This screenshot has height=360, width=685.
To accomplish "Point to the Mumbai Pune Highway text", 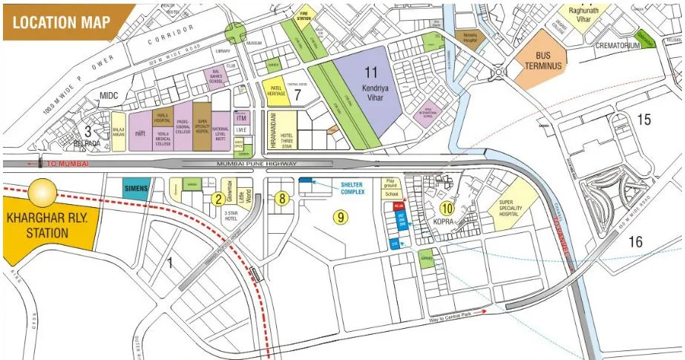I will click(256, 163).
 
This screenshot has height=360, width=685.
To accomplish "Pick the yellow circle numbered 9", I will click(341, 217).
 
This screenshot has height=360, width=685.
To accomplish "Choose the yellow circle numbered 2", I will click(217, 198).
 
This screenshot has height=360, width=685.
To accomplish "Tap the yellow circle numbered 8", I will click(282, 198).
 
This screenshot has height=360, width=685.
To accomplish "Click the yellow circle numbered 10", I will click(446, 209).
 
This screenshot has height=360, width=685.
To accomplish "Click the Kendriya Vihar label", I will click(371, 81).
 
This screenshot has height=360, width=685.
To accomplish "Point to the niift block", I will click(140, 134).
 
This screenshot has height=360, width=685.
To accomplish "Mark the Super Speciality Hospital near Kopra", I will click(516, 207).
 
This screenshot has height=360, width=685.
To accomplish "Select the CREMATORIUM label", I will click(612, 45).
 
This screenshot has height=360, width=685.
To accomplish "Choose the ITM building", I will click(241, 117).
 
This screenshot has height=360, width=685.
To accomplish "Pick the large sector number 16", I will click(635, 241).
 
